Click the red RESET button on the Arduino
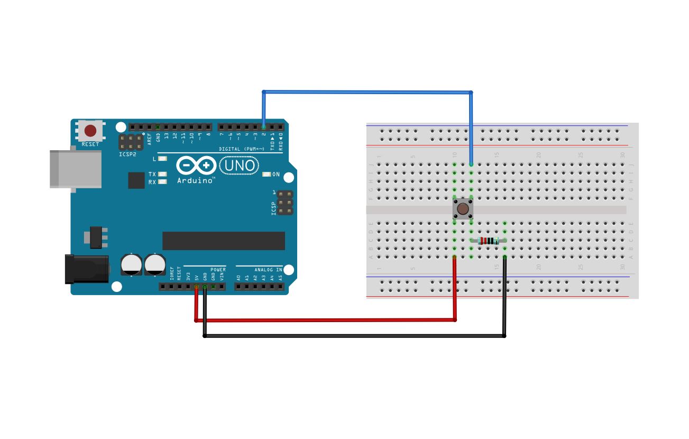click(x=90, y=131)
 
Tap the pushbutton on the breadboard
click(x=463, y=209)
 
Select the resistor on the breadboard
click(x=488, y=241)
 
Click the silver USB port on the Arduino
click(x=75, y=169)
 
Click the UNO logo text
click(x=239, y=166)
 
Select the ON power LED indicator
click(x=267, y=174)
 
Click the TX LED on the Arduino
click(x=162, y=174)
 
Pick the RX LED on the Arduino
click(x=162, y=182)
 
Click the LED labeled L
click(x=162, y=159)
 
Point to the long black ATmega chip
click(x=223, y=241)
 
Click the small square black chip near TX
click(x=136, y=180)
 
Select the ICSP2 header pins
click(x=131, y=142)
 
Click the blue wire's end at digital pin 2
click(x=263, y=127)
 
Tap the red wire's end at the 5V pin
click(x=196, y=287)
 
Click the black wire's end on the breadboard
click(x=505, y=258)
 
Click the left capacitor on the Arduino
click(x=131, y=264)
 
